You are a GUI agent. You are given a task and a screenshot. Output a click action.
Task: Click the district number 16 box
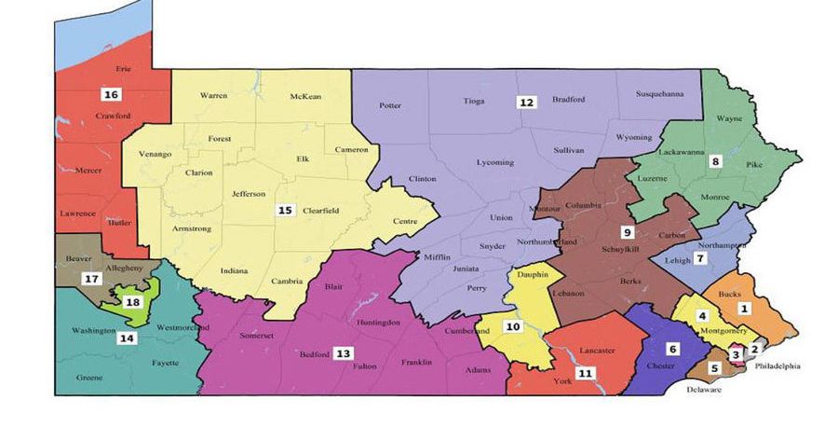tap(111, 94)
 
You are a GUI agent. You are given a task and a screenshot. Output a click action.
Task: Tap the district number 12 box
tap(527, 103)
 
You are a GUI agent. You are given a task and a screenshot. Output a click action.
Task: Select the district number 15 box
tap(285, 211)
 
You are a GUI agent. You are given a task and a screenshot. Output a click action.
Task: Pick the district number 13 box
tap(344, 353)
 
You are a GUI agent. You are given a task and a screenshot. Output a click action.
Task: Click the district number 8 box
tap(715, 160)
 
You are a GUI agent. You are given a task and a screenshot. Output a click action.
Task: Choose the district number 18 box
tap(133, 302)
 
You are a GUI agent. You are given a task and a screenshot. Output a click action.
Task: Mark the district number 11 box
tap(585, 373)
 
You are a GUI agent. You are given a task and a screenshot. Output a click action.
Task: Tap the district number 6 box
tap(673, 348)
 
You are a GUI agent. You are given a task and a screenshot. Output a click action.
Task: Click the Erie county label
tap(123, 69)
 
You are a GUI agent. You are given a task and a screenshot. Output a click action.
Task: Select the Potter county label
tap(391, 105)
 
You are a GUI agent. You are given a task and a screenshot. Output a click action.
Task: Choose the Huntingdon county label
tap(379, 323)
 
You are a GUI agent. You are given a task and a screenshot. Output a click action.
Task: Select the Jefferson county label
tap(249, 194)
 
